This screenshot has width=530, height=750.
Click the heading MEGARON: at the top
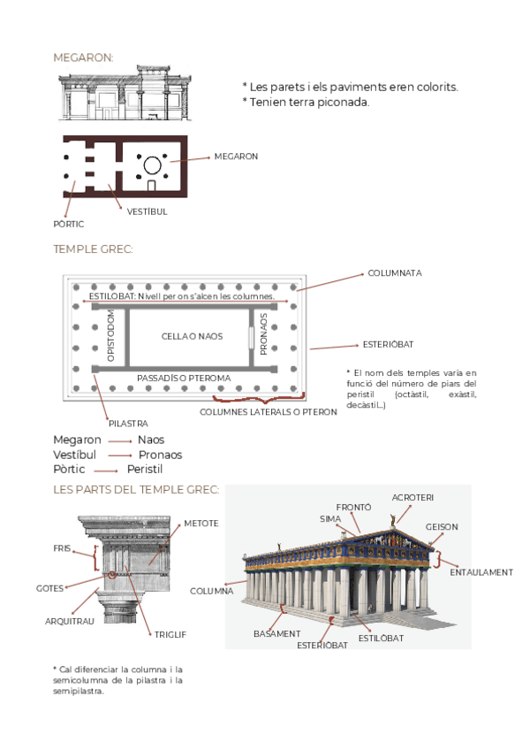(x=83, y=57)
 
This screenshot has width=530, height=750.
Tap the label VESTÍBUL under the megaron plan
(x=147, y=211)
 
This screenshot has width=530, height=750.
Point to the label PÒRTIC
(x=69, y=224)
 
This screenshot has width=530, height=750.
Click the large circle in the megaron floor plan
(x=151, y=164)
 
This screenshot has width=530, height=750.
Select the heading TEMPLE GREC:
(x=93, y=249)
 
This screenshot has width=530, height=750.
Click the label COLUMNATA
(x=395, y=273)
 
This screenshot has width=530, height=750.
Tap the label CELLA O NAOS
(x=192, y=336)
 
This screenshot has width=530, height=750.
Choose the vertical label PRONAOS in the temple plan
(x=263, y=333)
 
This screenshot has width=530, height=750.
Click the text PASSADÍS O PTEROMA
(x=184, y=378)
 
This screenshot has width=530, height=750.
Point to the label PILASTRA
(x=128, y=424)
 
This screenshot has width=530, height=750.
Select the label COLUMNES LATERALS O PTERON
(x=269, y=412)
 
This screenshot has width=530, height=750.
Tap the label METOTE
(x=201, y=524)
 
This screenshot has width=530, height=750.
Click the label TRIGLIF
(x=170, y=634)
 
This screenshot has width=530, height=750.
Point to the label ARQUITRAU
(x=69, y=621)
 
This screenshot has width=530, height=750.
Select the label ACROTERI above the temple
(x=413, y=497)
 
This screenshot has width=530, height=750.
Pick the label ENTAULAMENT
(x=481, y=572)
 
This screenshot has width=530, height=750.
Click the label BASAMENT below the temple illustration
(x=276, y=633)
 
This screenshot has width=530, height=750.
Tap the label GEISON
(x=442, y=527)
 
